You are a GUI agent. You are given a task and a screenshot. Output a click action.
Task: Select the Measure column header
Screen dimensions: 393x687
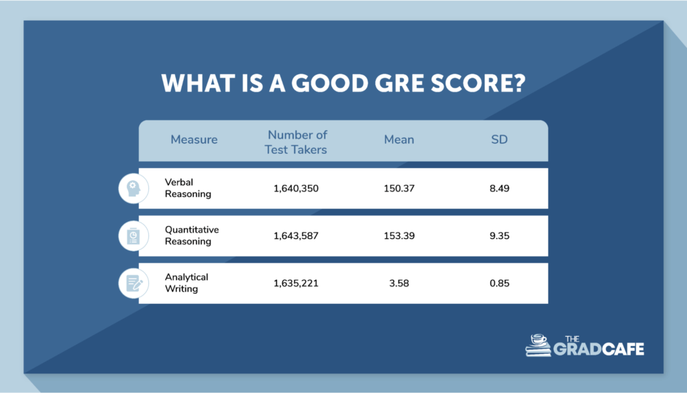pyautogui.click(x=194, y=140)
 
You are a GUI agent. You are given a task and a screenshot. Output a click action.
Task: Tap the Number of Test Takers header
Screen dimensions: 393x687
pyautogui.click(x=296, y=142)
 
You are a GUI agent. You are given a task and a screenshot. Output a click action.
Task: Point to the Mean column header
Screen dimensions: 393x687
pyautogui.click(x=399, y=140)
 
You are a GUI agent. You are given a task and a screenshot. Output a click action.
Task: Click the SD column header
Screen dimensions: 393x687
pyautogui.click(x=500, y=140)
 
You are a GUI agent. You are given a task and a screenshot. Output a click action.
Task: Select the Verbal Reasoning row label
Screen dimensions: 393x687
pyautogui.click(x=188, y=188)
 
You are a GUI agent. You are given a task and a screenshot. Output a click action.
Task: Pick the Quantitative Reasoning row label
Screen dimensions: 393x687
pyautogui.click(x=192, y=235)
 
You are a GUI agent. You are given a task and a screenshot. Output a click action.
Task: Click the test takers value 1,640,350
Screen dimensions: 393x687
pyautogui.click(x=296, y=188)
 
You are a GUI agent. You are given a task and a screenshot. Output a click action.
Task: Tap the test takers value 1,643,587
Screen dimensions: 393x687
pyautogui.click(x=296, y=236)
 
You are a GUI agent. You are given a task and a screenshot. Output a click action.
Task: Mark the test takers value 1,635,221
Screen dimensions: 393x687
pyautogui.click(x=296, y=283)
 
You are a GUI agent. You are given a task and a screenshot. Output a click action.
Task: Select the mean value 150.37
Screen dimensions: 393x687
pyautogui.click(x=399, y=188)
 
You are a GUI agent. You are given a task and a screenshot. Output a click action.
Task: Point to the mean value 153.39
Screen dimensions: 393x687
pyautogui.click(x=399, y=236)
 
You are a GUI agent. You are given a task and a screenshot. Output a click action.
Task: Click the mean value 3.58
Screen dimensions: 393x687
pyautogui.click(x=399, y=283)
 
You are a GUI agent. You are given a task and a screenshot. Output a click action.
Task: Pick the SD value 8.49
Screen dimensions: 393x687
pyautogui.click(x=500, y=188)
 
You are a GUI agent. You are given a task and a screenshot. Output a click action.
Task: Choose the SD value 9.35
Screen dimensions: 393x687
pyautogui.click(x=500, y=236)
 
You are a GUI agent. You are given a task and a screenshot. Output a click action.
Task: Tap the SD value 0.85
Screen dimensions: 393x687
pyautogui.click(x=500, y=283)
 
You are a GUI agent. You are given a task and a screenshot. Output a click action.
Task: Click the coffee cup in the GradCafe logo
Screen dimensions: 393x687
pyautogui.click(x=539, y=340)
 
